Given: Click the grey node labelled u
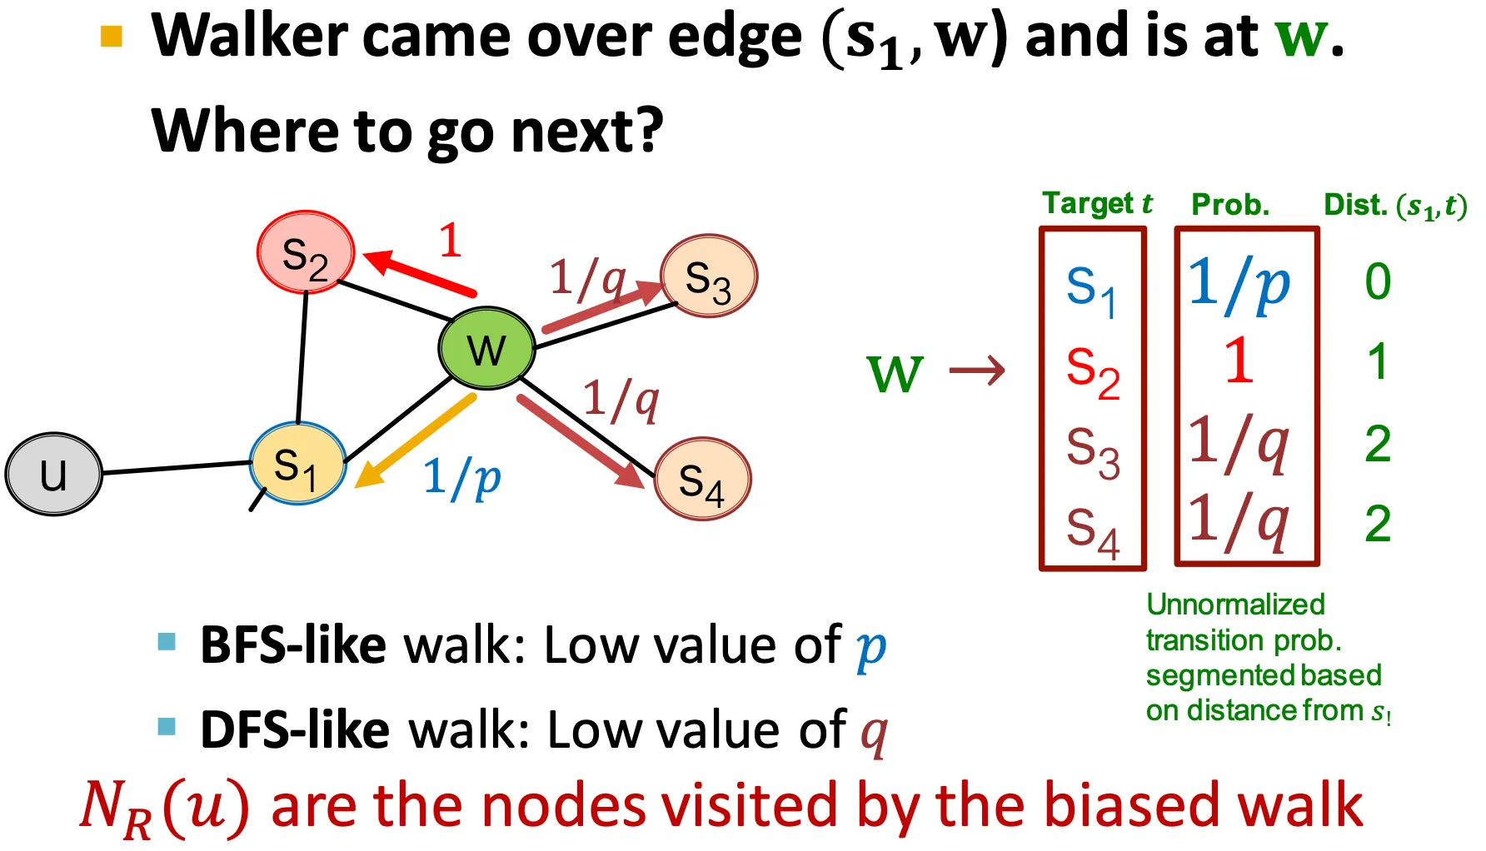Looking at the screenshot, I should pyautogui.click(x=53, y=474).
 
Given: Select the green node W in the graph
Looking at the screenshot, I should pyautogui.click(x=486, y=348).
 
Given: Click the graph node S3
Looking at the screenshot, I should pyautogui.click(x=708, y=276).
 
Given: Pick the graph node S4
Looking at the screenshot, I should pyautogui.click(x=702, y=480).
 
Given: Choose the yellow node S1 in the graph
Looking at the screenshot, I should pyautogui.click(x=297, y=465).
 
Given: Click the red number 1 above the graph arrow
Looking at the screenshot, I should pyautogui.click(x=450, y=241).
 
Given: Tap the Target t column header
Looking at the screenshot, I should pyautogui.click(x=1097, y=203).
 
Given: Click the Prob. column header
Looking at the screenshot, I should pyautogui.click(x=1230, y=205).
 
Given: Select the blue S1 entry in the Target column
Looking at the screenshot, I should pyautogui.click(x=1091, y=288).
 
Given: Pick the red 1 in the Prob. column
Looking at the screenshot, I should pyautogui.click(x=1239, y=361).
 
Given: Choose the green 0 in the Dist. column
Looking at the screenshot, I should pyautogui.click(x=1378, y=281).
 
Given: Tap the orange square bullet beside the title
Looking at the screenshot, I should pyautogui.click(x=112, y=36).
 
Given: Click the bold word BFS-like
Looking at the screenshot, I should pyautogui.click(x=293, y=645).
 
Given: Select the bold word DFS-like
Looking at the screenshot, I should pyautogui.click(x=295, y=730).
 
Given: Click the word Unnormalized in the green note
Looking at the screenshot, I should pyautogui.click(x=1235, y=605).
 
